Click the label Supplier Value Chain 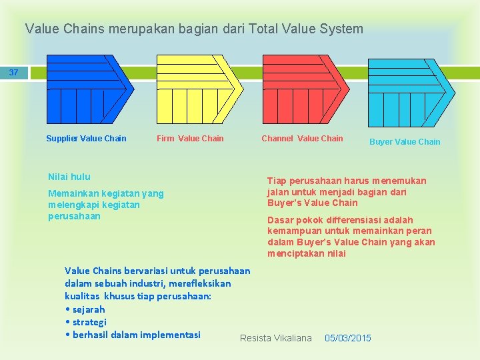point(86,139)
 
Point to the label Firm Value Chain point(190,139)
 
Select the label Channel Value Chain point(302,139)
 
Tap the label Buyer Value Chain point(405,141)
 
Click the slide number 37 point(14,72)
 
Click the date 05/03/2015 point(347,338)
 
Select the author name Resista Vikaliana point(275,338)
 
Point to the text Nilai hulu point(69,177)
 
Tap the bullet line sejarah point(87,309)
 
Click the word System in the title point(340,29)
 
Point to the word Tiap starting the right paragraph point(277,181)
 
